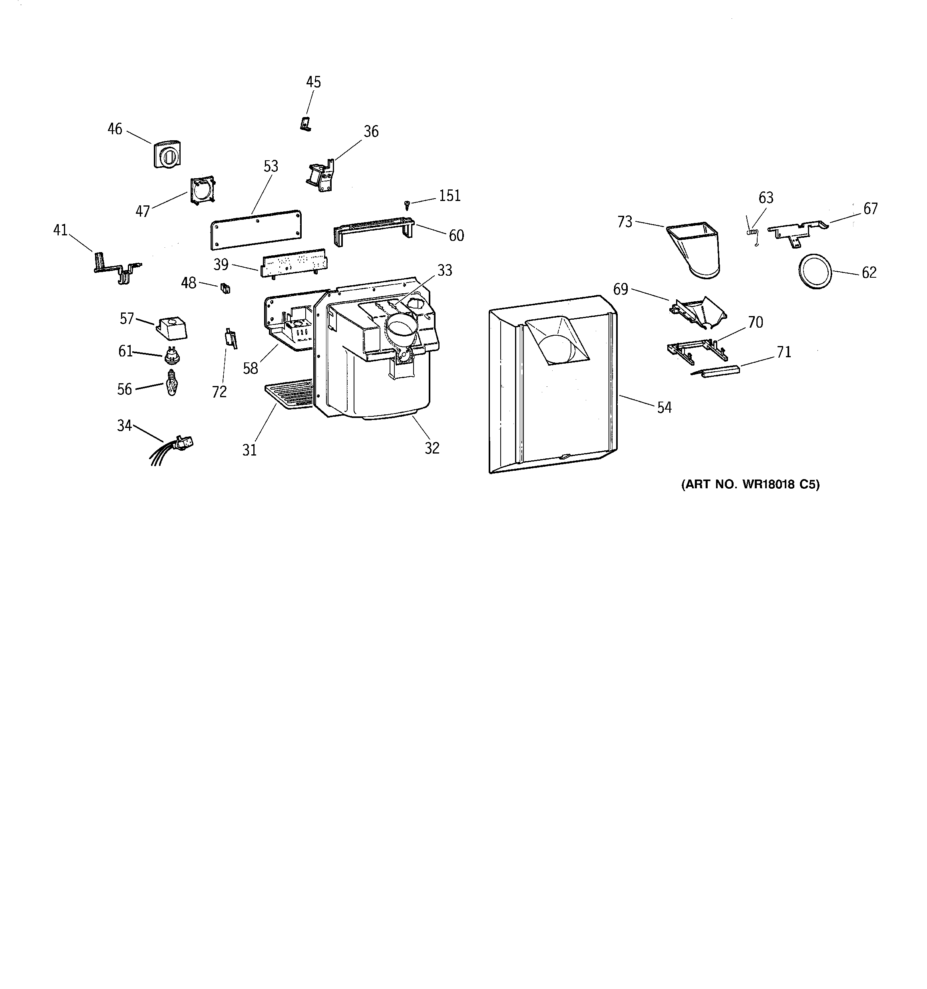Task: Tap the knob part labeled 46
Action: coord(167,154)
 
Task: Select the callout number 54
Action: coord(664,408)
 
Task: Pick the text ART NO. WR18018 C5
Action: coord(750,484)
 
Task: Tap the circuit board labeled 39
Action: coord(294,263)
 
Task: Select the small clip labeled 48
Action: coord(225,288)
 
